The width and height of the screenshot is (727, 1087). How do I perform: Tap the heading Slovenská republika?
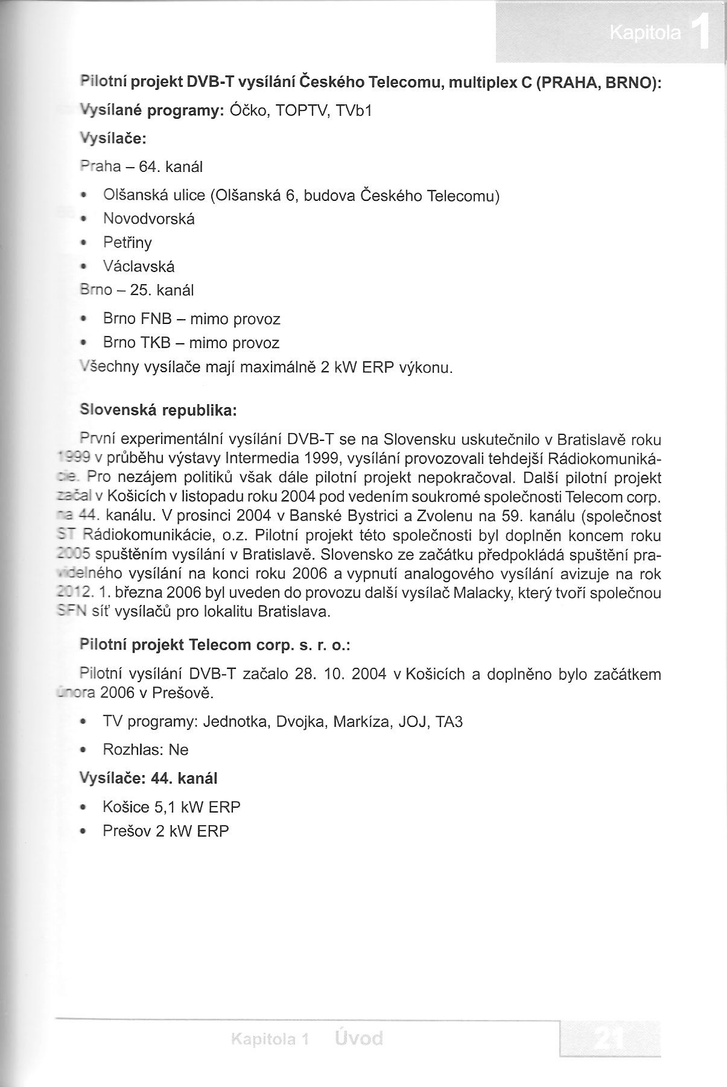pos(159,411)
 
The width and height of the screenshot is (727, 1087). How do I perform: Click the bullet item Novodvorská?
pos(148,218)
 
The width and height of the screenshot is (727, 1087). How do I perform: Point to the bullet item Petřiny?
pos(127,242)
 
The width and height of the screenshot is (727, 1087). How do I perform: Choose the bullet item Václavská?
pos(139,267)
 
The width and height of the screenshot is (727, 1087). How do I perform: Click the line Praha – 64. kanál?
pos(141,167)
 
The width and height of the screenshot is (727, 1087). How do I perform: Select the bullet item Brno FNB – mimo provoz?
pos(191,318)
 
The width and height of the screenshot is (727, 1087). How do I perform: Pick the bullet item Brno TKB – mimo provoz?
pos(191,343)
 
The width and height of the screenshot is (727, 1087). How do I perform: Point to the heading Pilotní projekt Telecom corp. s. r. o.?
pos(215,645)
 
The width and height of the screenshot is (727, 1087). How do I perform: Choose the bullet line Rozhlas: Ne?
pos(145,750)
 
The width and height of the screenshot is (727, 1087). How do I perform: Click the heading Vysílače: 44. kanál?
pos(148,778)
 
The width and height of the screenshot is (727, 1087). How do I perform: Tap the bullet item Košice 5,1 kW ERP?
pos(171,807)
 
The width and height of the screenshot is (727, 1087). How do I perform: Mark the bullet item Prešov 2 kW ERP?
pos(166,831)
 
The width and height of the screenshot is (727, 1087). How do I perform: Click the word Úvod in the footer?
pos(358,1038)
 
